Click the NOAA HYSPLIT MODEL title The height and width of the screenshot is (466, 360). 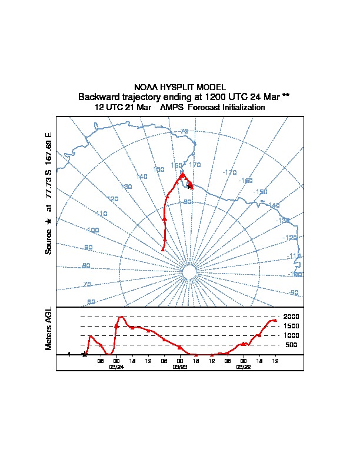point(179,87)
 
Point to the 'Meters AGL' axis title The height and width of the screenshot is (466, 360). point(49,329)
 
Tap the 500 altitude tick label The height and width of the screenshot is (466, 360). point(292,345)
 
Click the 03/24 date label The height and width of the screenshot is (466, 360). point(116,367)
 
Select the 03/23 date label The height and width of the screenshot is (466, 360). point(180,367)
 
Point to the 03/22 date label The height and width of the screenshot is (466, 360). point(244,367)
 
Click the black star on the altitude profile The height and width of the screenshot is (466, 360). point(85,354)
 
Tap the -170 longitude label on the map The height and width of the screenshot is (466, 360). point(229,172)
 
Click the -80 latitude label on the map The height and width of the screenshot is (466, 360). point(187,202)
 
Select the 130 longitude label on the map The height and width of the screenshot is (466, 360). point(126,187)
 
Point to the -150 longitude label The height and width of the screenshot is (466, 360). point(260,192)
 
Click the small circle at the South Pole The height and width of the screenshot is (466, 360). point(189,271)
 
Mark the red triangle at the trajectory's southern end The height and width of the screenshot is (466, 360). point(163,249)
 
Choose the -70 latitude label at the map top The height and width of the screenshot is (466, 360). point(184,131)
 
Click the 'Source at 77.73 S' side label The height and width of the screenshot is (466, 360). point(49,194)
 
